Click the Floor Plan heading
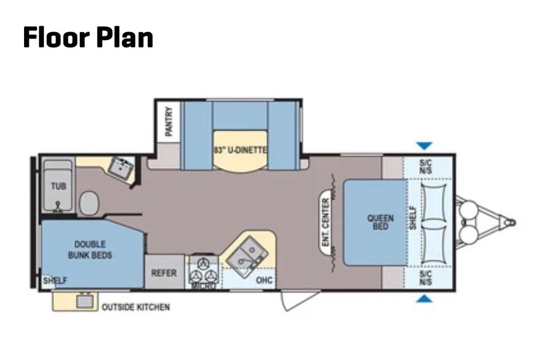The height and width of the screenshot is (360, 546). point(88,37)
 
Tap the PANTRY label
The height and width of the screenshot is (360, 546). point(169,121)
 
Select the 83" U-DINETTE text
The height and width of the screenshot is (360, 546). point(240,150)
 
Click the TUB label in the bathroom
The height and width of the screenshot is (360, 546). point(58,186)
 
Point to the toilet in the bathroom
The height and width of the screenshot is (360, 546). point(89,203)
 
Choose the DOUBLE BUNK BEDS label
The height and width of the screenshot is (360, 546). point(90,250)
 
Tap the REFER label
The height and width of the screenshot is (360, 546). point(164,273)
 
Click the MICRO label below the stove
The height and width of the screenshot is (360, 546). point(203,286)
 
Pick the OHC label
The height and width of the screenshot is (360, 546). point(264,280)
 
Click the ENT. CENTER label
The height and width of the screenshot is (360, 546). point(325,222)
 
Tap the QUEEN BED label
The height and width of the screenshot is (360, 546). point(381,222)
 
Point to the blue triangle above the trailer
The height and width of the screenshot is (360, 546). point(424,146)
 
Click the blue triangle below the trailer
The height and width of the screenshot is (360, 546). point(424,298)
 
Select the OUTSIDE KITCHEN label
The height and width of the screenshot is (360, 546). point(136,307)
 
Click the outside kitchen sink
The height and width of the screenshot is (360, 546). point(85,301)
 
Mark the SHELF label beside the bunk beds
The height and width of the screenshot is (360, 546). point(55,281)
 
